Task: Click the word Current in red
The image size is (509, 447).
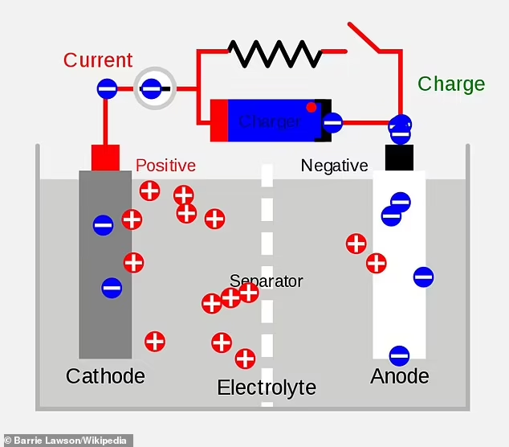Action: tap(98, 60)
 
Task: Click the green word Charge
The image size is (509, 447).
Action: tap(451, 84)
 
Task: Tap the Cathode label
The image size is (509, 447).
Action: tap(105, 376)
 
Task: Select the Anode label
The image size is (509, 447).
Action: tap(399, 376)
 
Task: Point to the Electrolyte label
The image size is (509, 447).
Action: tap(267, 388)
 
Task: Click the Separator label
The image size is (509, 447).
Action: tap(266, 281)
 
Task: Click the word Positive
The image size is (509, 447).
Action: tap(165, 166)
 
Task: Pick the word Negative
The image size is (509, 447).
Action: tap(334, 166)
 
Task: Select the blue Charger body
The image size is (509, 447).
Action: tap(270, 121)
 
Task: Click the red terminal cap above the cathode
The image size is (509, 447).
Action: tap(105, 158)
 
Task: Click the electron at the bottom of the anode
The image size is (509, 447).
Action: tap(399, 355)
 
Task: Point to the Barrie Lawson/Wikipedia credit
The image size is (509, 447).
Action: tap(67, 440)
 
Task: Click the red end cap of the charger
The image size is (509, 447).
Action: tap(218, 121)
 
